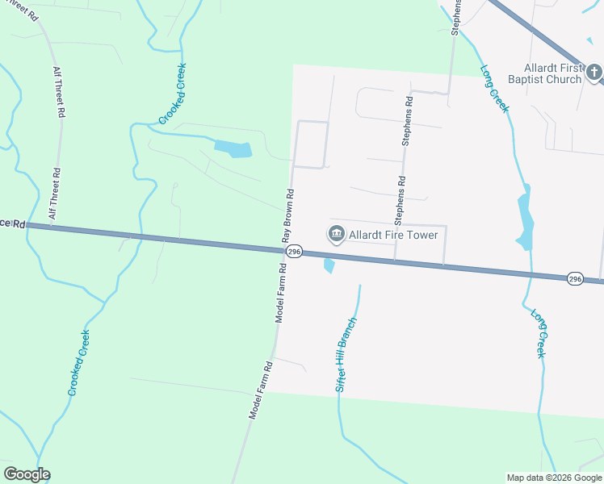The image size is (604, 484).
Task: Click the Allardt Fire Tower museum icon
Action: click(x=336, y=234)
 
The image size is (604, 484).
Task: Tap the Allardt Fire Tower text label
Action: click(x=393, y=235)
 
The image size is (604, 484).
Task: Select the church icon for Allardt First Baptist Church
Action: click(x=594, y=73)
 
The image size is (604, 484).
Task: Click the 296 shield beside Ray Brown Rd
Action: click(x=294, y=252)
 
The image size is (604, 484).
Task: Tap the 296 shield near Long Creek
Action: click(x=575, y=277)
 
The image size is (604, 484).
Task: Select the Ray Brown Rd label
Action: click(x=288, y=216)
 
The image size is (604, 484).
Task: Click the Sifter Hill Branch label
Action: click(x=346, y=355)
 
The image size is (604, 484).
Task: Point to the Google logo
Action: click(x=27, y=474)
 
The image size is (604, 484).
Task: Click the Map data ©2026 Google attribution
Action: click(x=554, y=478)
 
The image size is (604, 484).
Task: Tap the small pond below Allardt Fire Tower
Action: click(x=329, y=265)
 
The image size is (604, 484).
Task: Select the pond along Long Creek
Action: click(x=526, y=223)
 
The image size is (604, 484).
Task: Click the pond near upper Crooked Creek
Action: click(x=233, y=148)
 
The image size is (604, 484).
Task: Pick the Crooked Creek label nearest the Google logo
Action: click(x=79, y=362)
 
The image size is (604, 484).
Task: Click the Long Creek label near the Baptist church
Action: click(x=495, y=88)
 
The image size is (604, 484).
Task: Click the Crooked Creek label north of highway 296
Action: click(x=173, y=94)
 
